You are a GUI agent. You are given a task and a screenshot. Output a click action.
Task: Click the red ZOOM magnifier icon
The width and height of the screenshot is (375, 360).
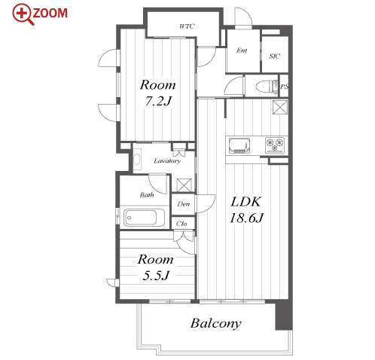23,14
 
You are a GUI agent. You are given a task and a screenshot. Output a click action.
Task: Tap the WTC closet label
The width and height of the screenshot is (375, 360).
187,26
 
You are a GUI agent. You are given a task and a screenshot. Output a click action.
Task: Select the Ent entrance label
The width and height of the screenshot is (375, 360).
242,50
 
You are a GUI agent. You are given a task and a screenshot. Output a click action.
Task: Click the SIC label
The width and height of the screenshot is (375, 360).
275,56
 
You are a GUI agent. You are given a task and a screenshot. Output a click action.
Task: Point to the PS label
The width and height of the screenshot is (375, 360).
284,87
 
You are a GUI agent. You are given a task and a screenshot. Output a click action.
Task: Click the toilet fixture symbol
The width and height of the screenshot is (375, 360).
266,86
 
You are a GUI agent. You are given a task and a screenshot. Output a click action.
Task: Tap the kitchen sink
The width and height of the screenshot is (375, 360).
239,145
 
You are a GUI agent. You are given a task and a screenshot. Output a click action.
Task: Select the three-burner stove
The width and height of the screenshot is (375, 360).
275,145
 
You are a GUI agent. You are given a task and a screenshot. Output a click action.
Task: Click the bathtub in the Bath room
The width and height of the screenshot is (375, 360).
145,218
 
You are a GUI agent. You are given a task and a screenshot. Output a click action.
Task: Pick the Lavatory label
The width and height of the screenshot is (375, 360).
167,160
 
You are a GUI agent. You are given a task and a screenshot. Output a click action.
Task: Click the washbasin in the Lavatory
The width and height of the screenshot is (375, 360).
137,159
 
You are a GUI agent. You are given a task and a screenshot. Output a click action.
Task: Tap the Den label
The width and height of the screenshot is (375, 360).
184,204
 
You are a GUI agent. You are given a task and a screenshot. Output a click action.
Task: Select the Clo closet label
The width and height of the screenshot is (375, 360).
181,224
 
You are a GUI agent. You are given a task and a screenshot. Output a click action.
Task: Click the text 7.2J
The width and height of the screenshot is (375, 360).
158,101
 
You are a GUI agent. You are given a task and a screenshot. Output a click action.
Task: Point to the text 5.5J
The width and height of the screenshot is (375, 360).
156,276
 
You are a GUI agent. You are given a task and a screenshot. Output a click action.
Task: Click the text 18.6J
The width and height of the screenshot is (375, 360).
246,218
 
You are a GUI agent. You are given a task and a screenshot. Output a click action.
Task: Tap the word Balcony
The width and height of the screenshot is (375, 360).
216,323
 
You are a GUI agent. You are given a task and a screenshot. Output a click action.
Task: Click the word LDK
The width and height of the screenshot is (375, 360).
246,202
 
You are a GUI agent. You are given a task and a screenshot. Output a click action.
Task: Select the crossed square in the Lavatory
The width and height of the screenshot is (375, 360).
184,185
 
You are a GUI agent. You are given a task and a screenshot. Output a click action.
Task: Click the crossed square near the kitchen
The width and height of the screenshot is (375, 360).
280,107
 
